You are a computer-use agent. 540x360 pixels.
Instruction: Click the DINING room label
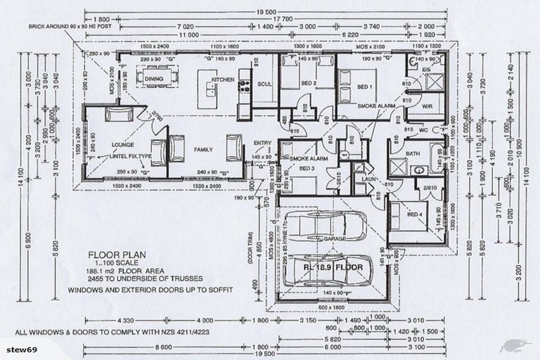coord(154,79)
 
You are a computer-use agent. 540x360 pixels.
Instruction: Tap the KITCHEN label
coord(223,80)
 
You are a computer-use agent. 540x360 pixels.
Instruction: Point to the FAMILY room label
coord(204,150)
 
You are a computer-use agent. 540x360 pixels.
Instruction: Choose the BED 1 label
coord(364,87)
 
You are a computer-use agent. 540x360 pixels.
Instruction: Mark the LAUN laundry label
coord(359,179)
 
